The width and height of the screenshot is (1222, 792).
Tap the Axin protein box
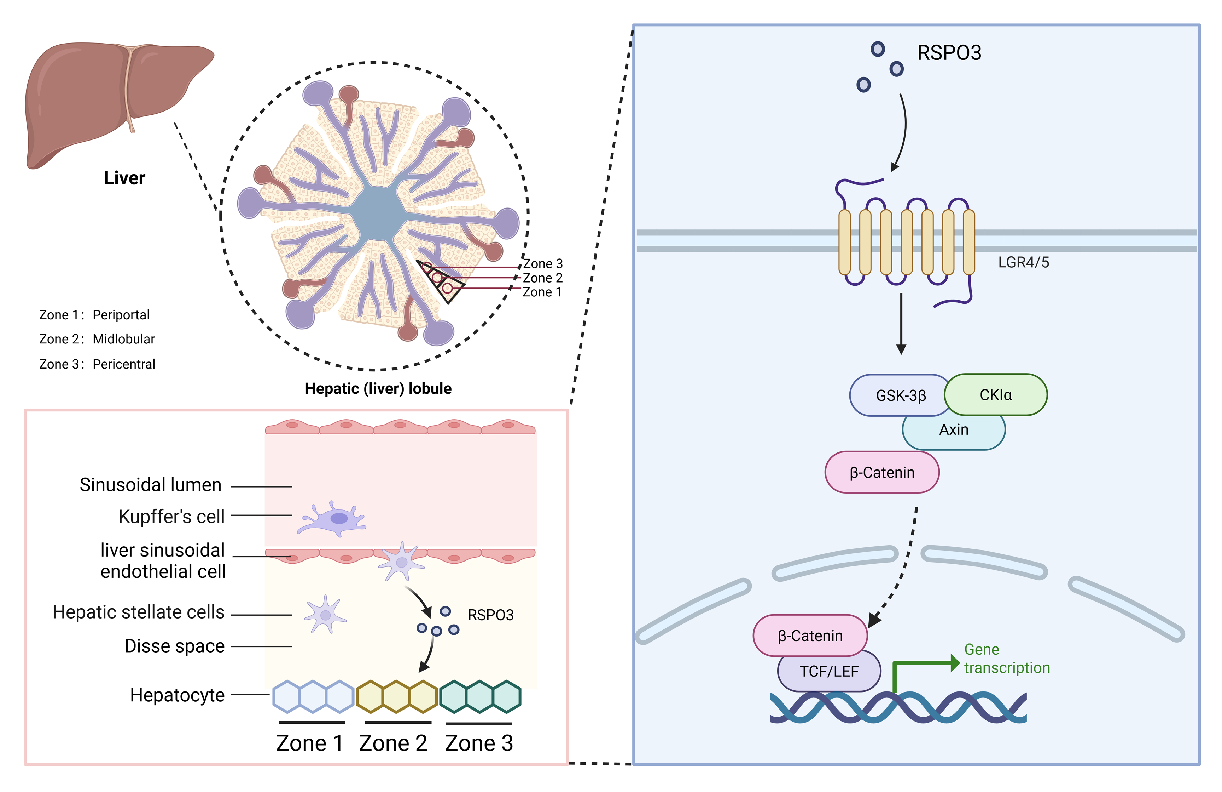pos(954,430)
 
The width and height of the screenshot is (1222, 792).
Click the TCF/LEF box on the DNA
pos(829,671)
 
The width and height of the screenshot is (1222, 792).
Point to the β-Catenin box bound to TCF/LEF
pos(810,636)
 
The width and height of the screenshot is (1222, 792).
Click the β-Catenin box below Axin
pos(881,472)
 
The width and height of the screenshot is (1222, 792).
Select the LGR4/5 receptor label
pos(1023,263)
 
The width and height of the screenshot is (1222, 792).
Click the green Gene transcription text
pos(1006,659)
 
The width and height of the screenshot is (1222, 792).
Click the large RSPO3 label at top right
pos(949,53)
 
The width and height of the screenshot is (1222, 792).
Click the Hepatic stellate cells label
pos(139,612)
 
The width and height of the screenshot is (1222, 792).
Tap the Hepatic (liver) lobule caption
pos(378,388)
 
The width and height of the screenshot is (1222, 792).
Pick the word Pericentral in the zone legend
pos(124,364)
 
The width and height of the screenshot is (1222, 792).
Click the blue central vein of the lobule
pos(377,213)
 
